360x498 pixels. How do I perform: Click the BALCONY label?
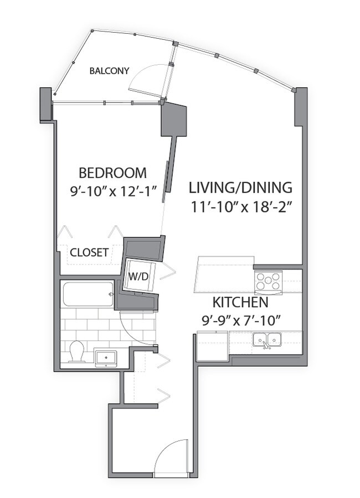click(109, 71)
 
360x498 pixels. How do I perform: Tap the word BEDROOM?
click(112, 172)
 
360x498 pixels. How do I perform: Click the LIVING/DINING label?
click(240, 187)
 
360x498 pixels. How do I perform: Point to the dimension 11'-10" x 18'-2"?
click(240, 208)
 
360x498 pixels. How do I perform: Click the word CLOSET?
click(89, 252)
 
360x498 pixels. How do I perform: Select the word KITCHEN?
click(240, 303)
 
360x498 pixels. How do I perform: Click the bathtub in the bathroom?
click(88, 294)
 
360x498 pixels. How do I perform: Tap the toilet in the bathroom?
click(76, 351)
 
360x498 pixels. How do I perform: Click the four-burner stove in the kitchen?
click(268, 282)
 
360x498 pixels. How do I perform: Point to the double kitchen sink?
click(267, 339)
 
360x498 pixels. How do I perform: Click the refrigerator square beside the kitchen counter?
click(213, 347)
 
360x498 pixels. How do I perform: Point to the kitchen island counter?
click(224, 273)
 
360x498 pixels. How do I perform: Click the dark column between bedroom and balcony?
click(173, 120)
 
